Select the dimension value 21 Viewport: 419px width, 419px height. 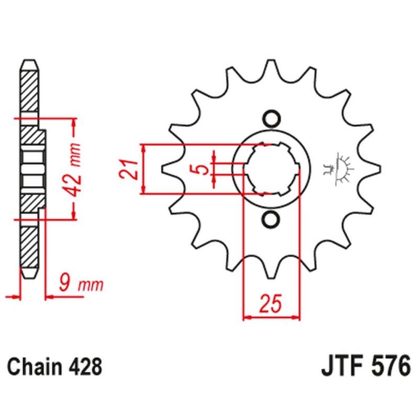click(131, 169)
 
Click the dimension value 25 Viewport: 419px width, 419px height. click(271, 303)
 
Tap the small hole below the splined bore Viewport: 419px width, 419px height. click(271, 220)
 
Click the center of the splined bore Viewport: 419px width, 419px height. click(271, 169)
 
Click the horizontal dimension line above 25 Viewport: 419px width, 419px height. click(271, 316)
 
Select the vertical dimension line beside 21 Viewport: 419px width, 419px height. click(145, 169)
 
